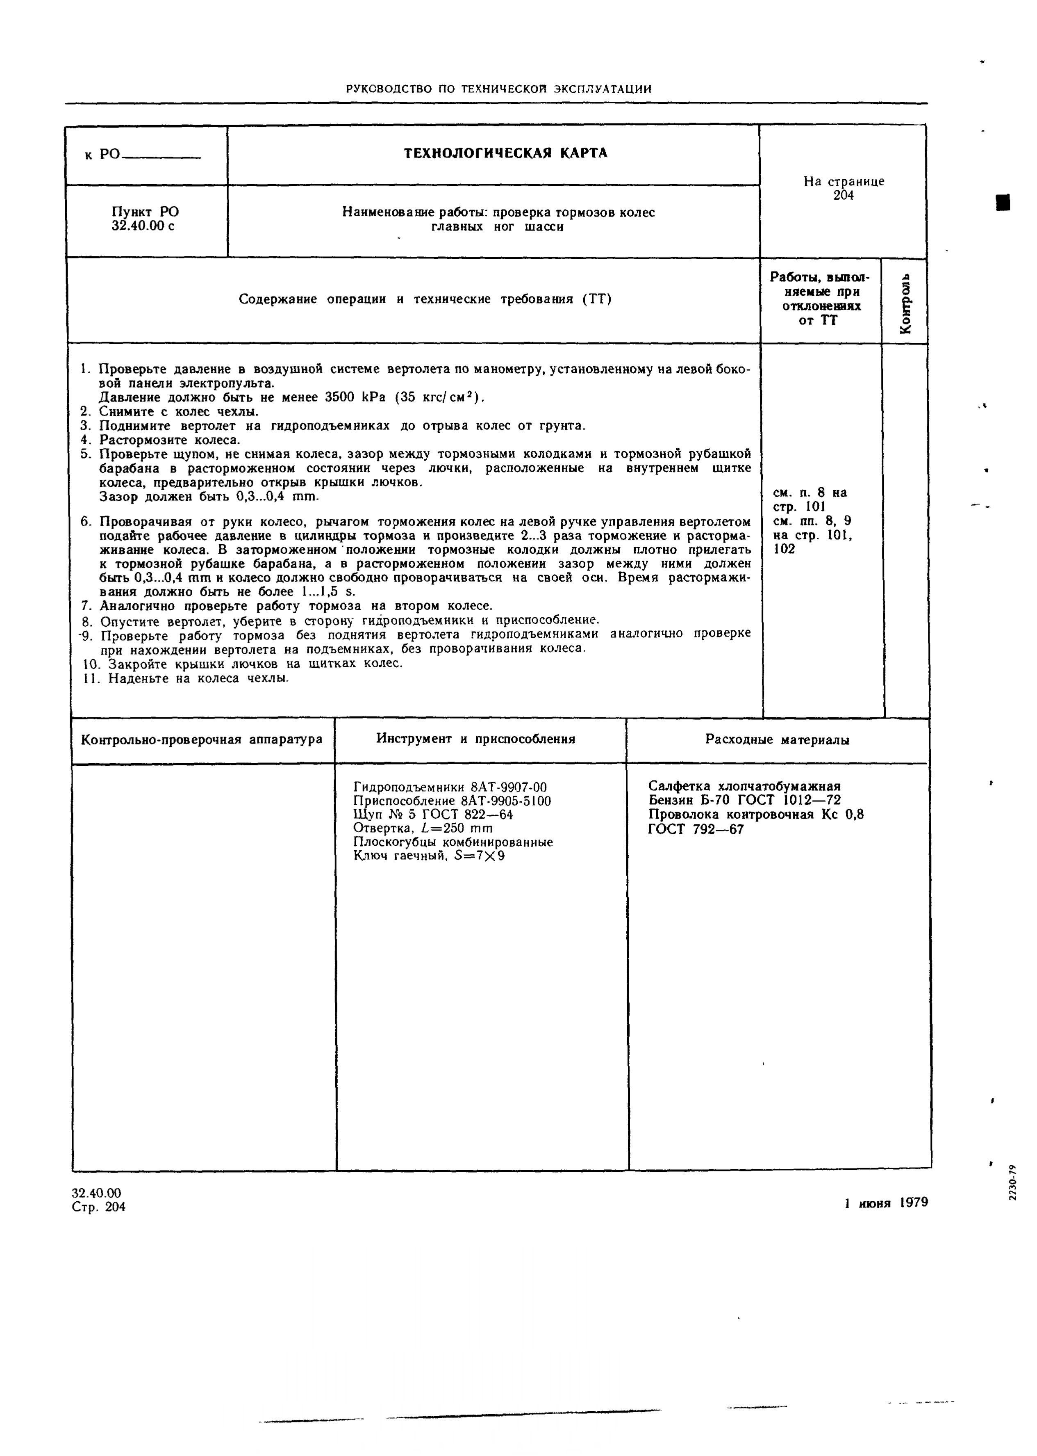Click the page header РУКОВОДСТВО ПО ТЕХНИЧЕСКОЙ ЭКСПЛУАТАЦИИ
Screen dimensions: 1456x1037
point(498,89)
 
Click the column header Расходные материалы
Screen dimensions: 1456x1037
point(777,740)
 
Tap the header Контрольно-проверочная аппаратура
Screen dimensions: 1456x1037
point(202,740)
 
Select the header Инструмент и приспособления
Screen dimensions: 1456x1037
point(476,739)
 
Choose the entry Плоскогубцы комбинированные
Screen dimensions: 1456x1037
point(453,842)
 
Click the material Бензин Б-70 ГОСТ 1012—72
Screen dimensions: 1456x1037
point(744,801)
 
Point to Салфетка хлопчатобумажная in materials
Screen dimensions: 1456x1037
point(744,787)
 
